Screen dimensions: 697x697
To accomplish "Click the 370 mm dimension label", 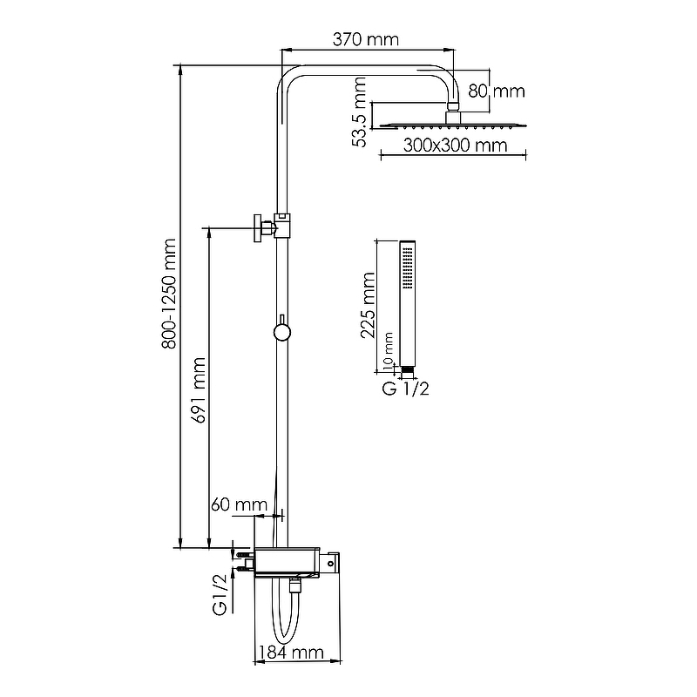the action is click(x=365, y=39).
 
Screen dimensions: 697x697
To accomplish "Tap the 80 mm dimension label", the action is click(x=497, y=91).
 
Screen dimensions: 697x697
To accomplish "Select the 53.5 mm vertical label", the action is click(x=359, y=112).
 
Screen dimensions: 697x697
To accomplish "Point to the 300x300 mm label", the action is click(x=455, y=145).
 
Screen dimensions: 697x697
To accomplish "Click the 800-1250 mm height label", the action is click(x=169, y=294).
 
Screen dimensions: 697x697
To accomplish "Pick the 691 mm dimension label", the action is click(x=199, y=390).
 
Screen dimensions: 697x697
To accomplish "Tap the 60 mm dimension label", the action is click(x=239, y=504).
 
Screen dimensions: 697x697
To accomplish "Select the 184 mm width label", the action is click(x=291, y=653).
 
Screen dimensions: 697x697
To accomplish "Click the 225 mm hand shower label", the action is click(x=368, y=306).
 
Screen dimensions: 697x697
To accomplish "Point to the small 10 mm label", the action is click(x=388, y=351).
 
